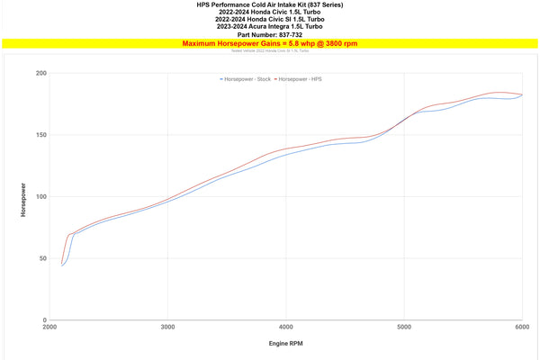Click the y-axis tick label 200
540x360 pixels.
click(40, 73)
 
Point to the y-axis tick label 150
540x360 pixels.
click(40, 135)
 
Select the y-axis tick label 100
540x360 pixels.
click(40, 196)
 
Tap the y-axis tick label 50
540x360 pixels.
click(42, 258)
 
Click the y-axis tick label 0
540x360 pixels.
click(44, 319)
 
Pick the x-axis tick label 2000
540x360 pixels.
click(49, 328)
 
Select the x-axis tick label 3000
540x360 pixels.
click(167, 328)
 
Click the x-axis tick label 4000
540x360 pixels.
click(286, 328)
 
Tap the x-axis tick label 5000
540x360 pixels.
click(404, 328)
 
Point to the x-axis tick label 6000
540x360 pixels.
click(522, 328)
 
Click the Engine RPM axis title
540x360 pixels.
click(285, 345)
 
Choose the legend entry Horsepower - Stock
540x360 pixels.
click(247, 80)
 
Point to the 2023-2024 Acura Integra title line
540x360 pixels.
click(269, 27)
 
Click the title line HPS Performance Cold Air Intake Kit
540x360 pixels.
click(269, 4)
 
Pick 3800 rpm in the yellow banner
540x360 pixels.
click(345, 43)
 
